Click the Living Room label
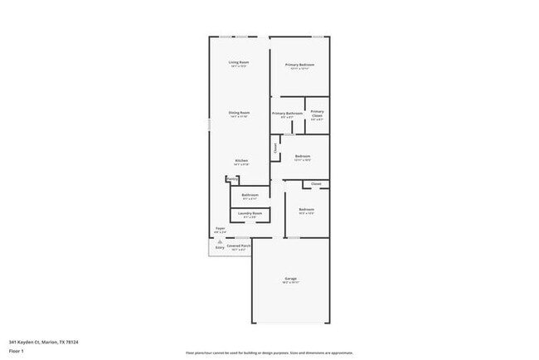[x=239, y=62]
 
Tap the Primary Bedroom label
[x=300, y=65]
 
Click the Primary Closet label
[x=317, y=114]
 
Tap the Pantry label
[x=232, y=178]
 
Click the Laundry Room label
[x=250, y=213]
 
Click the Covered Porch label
[x=239, y=246]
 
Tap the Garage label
[x=290, y=279]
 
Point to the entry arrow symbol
[x=220, y=241]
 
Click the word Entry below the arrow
[x=220, y=247]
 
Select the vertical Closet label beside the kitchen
[x=275, y=148]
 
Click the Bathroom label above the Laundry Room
[x=250, y=195]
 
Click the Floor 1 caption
[x=17, y=351]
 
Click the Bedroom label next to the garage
[x=306, y=209]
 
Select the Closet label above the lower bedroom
[x=316, y=183]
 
